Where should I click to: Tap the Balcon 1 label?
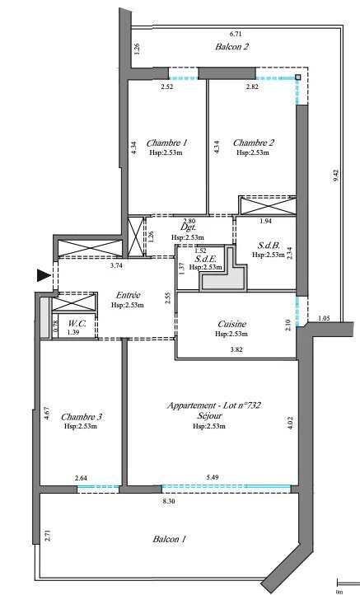pos(169,539)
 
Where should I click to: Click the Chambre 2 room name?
pos(253,143)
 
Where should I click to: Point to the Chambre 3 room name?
pos(82,415)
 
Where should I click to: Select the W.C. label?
pos(78,323)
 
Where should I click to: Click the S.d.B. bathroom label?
pos(270,246)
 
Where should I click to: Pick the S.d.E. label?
pos(206,258)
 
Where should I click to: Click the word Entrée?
pos(127,295)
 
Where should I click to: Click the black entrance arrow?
pos(43,275)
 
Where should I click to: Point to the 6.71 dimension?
pos(236,34)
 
